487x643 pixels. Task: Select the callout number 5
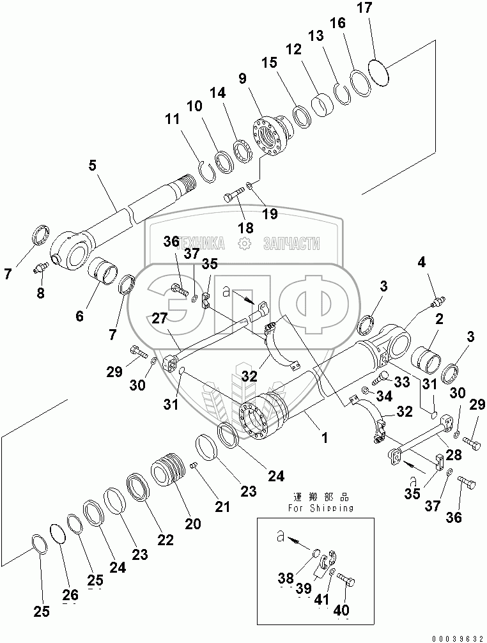93,165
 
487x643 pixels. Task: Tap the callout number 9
242,79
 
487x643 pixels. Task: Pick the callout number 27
160,318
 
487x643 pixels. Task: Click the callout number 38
286,578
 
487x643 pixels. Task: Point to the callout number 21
222,507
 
